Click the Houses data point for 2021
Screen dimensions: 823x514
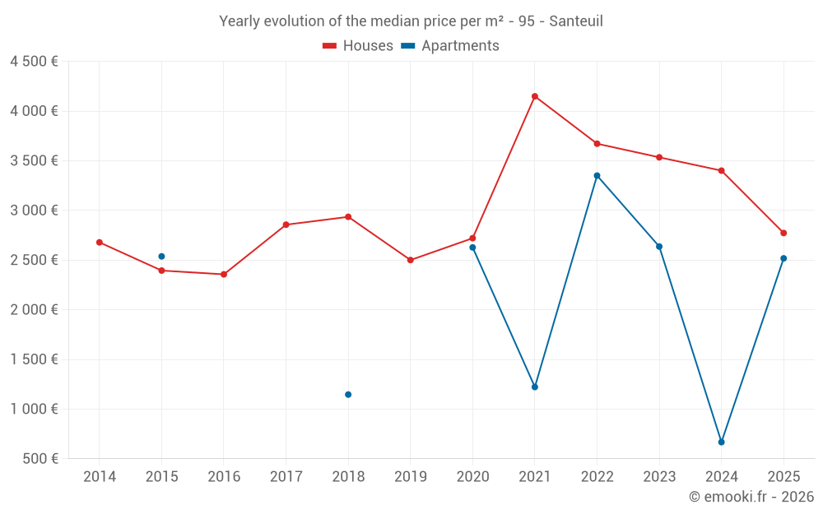(x=535, y=96)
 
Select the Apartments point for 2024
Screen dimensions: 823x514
(x=721, y=442)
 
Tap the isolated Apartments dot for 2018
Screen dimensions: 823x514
(x=348, y=395)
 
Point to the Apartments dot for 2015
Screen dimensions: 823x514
(x=161, y=257)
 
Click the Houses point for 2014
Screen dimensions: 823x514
(x=100, y=243)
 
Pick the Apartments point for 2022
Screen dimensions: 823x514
(x=597, y=176)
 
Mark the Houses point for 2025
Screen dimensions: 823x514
(x=783, y=233)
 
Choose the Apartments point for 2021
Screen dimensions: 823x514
(x=535, y=387)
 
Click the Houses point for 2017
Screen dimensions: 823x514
(x=286, y=225)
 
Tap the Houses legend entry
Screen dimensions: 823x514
(x=358, y=45)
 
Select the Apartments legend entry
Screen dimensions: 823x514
(x=450, y=45)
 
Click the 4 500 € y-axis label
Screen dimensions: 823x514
(x=34, y=62)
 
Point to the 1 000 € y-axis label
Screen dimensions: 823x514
(x=34, y=409)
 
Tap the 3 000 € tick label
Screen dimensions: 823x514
(x=34, y=211)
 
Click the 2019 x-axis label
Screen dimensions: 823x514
(x=411, y=476)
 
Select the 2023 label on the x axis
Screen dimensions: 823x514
(x=659, y=476)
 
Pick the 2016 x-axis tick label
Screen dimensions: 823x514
(x=224, y=476)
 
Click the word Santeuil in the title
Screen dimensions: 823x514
(x=576, y=21)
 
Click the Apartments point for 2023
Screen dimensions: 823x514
(x=659, y=247)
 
